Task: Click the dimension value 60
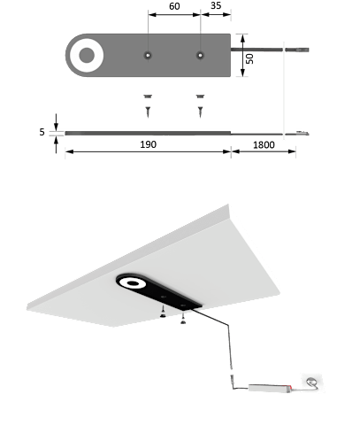pyautogui.click(x=174, y=6)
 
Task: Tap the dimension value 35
pyautogui.click(x=216, y=5)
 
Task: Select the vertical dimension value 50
pyautogui.click(x=250, y=58)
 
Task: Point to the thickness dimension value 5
pyautogui.click(x=42, y=132)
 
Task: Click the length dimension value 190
pyautogui.click(x=148, y=144)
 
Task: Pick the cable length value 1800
pyautogui.click(x=264, y=145)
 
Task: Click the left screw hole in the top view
pyautogui.click(x=148, y=55)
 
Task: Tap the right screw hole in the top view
pyautogui.click(x=200, y=55)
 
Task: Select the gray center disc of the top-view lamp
pyautogui.click(x=87, y=55)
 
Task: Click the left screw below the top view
pyautogui.click(x=148, y=105)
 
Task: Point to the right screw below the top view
pyautogui.click(x=200, y=105)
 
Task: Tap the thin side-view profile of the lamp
pyautogui.click(x=148, y=133)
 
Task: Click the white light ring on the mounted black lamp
pyautogui.click(x=133, y=283)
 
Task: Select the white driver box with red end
pyautogui.click(x=270, y=388)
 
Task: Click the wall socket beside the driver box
pyautogui.click(x=311, y=382)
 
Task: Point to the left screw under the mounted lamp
pyautogui.click(x=163, y=312)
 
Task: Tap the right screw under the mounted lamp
pyautogui.click(x=183, y=318)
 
